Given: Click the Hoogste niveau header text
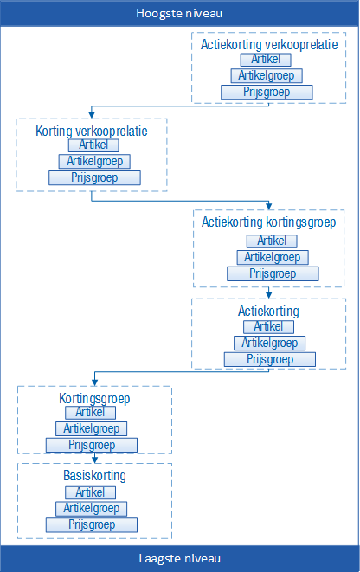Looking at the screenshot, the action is [x=179, y=14].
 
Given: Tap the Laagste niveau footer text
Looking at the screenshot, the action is [x=180, y=558].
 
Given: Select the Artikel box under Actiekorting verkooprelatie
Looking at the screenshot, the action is [x=266, y=60].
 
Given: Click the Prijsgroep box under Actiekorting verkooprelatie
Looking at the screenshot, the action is [x=267, y=93].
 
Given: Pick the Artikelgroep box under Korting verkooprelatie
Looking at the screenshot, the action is [x=94, y=161].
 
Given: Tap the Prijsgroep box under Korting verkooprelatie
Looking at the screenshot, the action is [x=94, y=178].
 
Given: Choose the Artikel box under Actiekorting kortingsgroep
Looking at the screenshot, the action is [x=272, y=241].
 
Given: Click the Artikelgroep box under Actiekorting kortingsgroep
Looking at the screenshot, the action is [x=273, y=258].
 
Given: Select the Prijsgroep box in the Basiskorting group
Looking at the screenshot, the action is [x=92, y=525].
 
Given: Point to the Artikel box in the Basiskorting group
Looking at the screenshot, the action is [x=90, y=493].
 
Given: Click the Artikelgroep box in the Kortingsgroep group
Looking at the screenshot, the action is [x=91, y=428].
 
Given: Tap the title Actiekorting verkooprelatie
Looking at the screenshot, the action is [x=269, y=44].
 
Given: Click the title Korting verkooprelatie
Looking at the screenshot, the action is [x=92, y=131].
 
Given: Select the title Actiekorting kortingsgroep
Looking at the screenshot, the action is [x=269, y=222].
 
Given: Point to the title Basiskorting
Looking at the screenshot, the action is [x=94, y=476].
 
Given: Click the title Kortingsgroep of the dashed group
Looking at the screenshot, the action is [x=94, y=398].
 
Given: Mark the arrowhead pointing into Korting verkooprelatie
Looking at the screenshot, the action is [x=92, y=115].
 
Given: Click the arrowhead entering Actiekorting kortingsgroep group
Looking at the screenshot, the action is [x=269, y=207].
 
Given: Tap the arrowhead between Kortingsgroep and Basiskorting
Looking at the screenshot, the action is [x=95, y=460].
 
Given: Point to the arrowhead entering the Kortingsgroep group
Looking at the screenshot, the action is [x=95, y=382].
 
